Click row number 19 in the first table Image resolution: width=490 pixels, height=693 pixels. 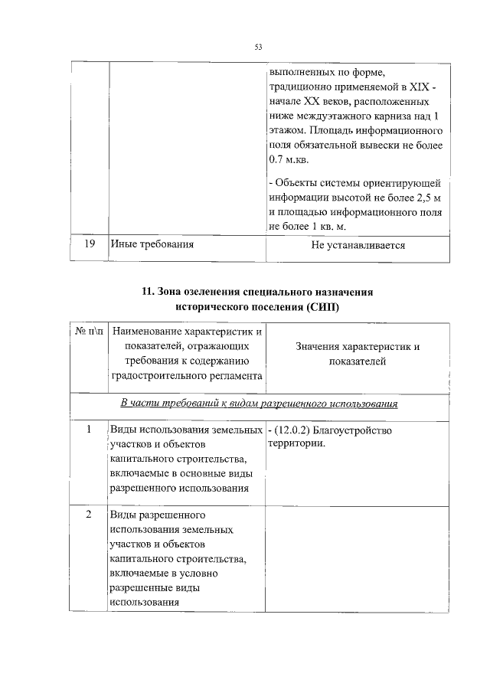tap(89, 245)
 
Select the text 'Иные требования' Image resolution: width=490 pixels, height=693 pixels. tap(152, 245)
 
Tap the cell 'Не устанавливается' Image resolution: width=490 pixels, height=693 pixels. tap(358, 246)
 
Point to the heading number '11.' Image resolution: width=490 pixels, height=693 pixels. tap(149, 292)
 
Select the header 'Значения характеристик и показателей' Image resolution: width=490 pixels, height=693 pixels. tap(358, 354)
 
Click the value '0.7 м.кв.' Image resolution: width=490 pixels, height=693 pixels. tap(288, 161)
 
